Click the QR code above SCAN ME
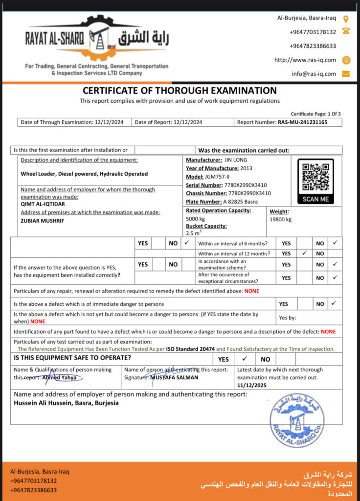316,177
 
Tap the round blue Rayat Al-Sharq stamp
297,419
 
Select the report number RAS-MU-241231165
302,122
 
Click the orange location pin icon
346,19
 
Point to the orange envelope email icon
346,74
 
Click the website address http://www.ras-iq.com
305,60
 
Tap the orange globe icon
346,60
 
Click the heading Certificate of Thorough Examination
180,91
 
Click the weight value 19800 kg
280,219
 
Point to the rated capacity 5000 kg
195,219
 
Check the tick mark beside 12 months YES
304,253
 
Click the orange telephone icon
346,31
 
